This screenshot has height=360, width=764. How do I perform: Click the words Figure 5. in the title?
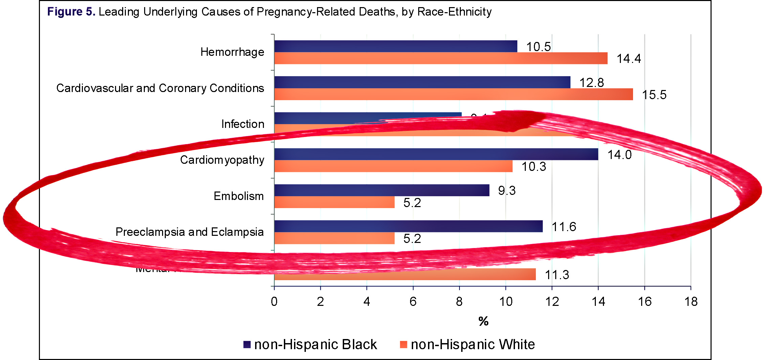[x=71, y=12]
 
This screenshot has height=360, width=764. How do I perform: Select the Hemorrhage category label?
[x=232, y=52]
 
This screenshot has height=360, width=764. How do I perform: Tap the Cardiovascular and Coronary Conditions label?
[x=160, y=88]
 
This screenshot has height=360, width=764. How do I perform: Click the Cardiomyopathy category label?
[x=222, y=160]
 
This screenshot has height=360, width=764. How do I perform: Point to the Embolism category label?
[x=239, y=196]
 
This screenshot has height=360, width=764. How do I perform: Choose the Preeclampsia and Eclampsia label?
[x=189, y=232]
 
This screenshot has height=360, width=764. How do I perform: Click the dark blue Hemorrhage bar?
[x=396, y=46]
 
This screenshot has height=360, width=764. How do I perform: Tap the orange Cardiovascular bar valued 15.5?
[x=453, y=94]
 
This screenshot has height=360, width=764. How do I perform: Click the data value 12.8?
[x=591, y=83]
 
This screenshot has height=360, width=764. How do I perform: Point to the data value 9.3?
[x=507, y=190]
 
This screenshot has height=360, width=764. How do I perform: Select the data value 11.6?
[x=564, y=227]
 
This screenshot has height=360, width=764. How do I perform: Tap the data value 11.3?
[x=557, y=275]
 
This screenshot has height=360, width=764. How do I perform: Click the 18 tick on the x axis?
[x=691, y=301]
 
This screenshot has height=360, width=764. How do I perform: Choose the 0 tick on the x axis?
[x=274, y=301]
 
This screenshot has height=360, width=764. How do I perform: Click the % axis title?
[x=484, y=321]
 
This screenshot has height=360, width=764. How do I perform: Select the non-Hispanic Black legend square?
[x=247, y=344]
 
